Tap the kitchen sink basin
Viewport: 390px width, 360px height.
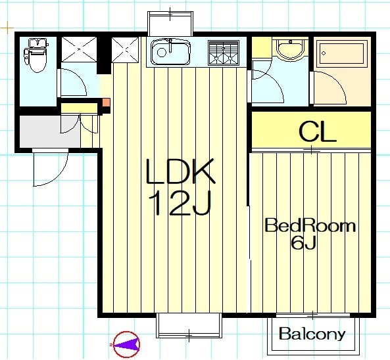click(170, 52)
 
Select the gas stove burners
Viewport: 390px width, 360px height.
click(224, 53)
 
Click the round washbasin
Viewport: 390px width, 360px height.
click(290, 50)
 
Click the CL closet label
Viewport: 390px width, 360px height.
click(318, 132)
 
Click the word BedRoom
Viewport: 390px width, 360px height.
click(310, 225)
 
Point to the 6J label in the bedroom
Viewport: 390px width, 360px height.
click(303, 242)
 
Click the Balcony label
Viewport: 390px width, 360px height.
click(312, 334)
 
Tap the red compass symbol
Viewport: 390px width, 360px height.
click(126, 344)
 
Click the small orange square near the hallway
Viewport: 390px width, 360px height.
click(106, 102)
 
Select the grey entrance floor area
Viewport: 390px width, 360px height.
click(50, 131)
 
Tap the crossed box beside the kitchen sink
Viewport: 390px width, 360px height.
click(125, 50)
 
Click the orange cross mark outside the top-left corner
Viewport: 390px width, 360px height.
click(7, 28)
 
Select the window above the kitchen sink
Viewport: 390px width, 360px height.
click(170, 24)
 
